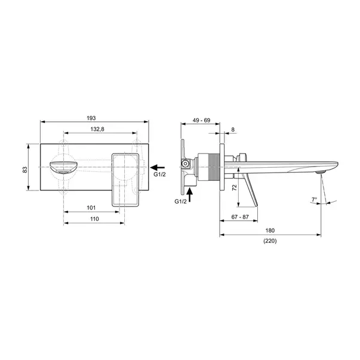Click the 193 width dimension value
point(91,118)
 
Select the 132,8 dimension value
point(97,129)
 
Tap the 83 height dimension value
point(25,170)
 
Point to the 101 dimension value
point(91,208)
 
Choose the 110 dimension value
point(94,219)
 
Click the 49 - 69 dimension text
point(201,121)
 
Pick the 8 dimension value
point(233,130)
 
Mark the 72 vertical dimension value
point(234,187)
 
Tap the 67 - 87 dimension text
point(240,217)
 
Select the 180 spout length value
point(270,230)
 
